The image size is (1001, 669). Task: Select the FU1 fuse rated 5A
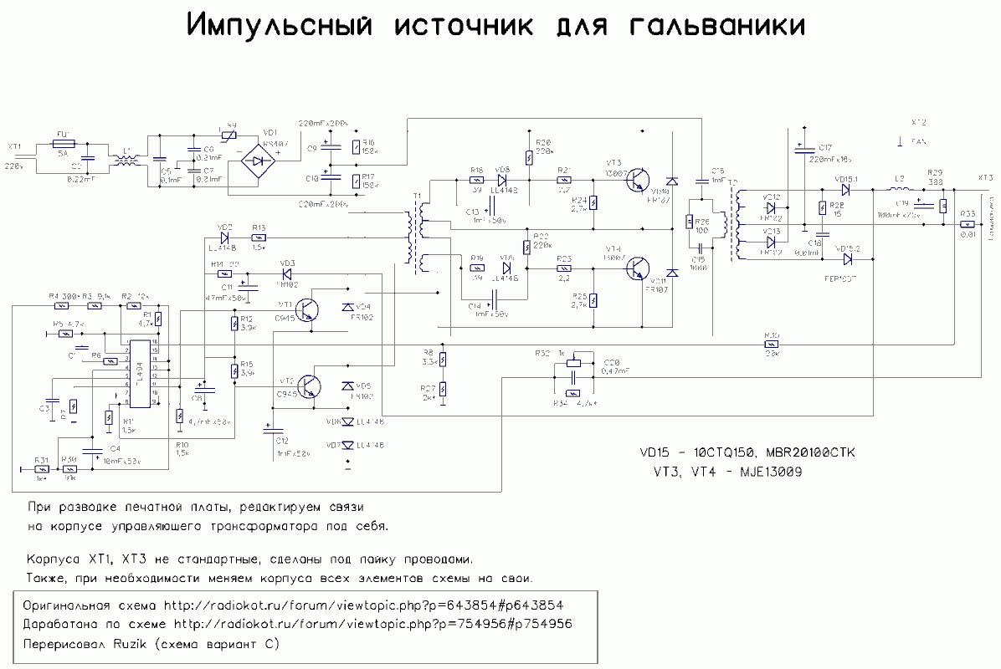click(x=63, y=144)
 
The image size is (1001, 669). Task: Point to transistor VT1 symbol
click(x=309, y=310)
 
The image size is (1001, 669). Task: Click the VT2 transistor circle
click(x=309, y=386)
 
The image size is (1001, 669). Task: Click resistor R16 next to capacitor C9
click(x=357, y=147)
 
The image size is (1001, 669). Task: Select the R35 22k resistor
click(x=772, y=344)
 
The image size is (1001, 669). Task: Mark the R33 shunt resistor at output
click(x=968, y=224)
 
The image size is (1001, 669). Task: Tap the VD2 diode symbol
click(x=224, y=237)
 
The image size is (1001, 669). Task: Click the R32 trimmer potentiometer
click(x=572, y=363)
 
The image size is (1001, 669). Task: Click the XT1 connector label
click(x=14, y=146)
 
